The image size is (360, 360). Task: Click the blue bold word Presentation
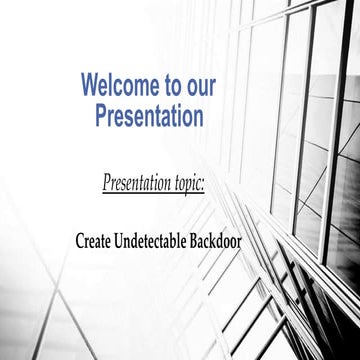(x=149, y=116)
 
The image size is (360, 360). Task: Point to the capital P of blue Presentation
(x=102, y=116)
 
